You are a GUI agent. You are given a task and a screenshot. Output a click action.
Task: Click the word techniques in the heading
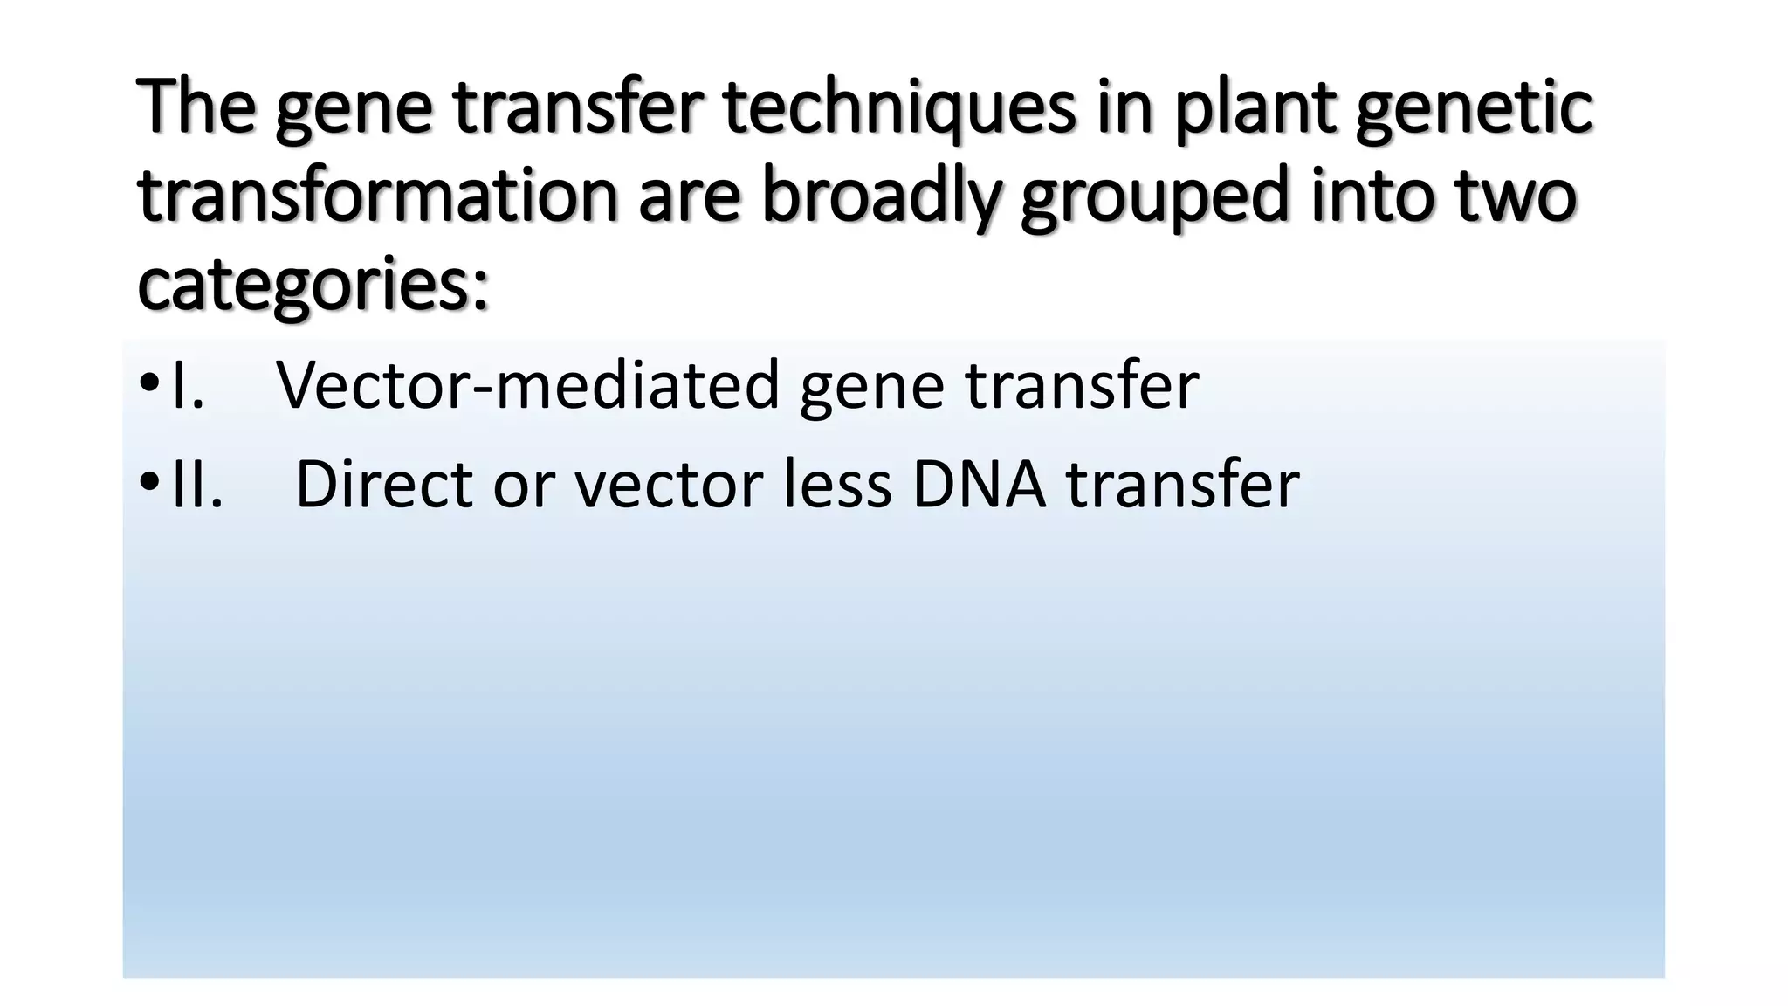899,107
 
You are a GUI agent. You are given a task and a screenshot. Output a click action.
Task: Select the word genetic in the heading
1474,109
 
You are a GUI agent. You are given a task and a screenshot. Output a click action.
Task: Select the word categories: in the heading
313,286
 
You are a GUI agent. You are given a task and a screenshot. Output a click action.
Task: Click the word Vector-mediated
527,386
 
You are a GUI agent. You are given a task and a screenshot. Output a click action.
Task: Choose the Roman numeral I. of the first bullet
188,386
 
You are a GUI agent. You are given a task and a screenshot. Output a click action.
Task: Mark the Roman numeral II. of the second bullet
197,485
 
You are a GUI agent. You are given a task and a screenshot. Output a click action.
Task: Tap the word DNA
979,485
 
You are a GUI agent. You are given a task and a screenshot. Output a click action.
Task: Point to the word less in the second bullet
837,485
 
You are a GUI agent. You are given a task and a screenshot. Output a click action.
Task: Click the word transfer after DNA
1182,485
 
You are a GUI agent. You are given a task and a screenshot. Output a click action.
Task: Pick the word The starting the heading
196,107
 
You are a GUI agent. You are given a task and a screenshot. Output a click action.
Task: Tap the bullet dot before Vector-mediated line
149,384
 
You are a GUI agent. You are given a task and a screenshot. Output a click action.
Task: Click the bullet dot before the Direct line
149,483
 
